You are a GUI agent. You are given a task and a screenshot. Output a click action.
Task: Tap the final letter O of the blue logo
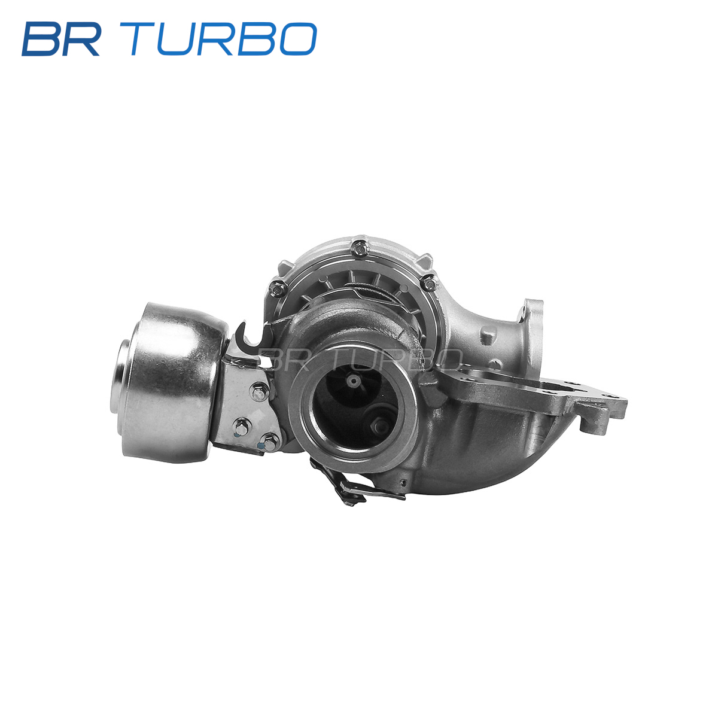point(298,39)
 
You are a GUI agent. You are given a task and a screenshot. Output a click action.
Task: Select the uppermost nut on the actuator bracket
point(260,393)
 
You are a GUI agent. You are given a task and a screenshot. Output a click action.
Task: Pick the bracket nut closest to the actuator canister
point(242,427)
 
